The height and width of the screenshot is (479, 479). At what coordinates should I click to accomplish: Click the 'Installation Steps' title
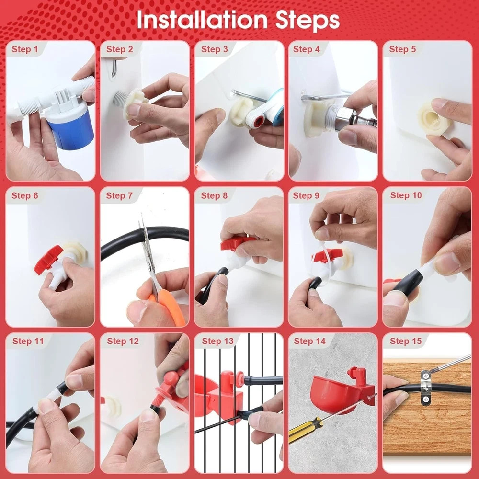coord(238,20)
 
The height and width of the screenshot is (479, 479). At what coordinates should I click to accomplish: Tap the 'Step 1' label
coord(25,49)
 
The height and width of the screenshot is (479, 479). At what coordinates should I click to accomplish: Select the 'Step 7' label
coord(119,195)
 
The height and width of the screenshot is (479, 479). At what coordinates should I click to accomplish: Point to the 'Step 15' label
coord(406,341)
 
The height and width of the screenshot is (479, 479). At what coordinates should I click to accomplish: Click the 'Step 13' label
coord(217,341)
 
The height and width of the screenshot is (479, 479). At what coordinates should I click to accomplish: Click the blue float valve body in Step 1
coord(71,129)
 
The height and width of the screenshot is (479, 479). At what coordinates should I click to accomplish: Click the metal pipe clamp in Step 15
coord(425,387)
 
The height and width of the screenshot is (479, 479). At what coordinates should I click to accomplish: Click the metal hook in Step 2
coord(114,68)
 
